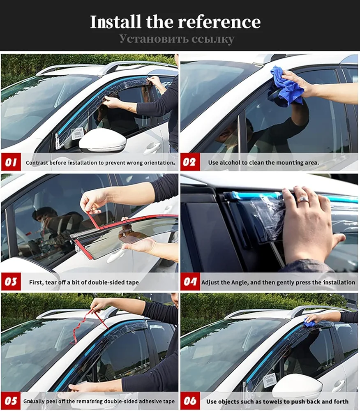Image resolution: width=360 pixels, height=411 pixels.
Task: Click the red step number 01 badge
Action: pyautogui.click(x=11, y=162)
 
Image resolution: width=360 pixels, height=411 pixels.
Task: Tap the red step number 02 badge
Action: pyautogui.click(x=189, y=162)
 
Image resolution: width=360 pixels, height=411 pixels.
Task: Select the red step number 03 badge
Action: pyautogui.click(x=11, y=282)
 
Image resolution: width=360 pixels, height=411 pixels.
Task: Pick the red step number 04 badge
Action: pyautogui.click(x=189, y=282)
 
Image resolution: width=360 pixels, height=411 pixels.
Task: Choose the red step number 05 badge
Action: pyautogui.click(x=11, y=401)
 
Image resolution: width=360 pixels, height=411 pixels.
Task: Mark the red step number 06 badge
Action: pyautogui.click(x=189, y=401)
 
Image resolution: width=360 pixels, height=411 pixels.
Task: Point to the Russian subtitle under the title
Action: pyautogui.click(x=177, y=39)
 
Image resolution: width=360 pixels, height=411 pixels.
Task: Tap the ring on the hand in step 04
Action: pyautogui.click(x=303, y=200)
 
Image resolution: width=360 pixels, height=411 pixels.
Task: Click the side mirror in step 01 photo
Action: pyautogui.click(x=103, y=142)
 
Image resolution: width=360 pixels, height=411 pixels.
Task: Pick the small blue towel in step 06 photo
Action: pyautogui.click(x=309, y=324)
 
